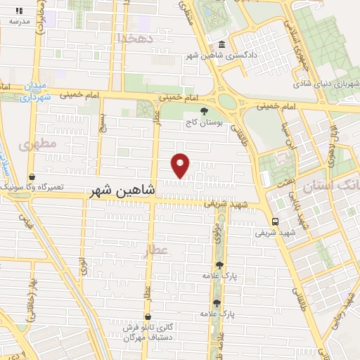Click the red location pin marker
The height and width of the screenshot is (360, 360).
pos(181,165)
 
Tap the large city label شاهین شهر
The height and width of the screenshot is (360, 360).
pos(122,191)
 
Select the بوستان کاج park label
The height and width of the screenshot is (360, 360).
pos(204,122)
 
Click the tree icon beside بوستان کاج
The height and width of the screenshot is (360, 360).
pos(204,111)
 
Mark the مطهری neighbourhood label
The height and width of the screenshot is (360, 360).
pos(37,146)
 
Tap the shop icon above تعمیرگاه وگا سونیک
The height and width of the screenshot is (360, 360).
pos(32,177)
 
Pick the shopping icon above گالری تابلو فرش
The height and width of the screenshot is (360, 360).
pos(148,316)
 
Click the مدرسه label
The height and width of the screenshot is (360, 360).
pos(19,21)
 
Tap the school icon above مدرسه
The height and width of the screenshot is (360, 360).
pos(19,11)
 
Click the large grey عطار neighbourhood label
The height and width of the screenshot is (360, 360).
pos(157,250)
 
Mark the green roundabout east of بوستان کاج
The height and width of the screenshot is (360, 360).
pos(228,102)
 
